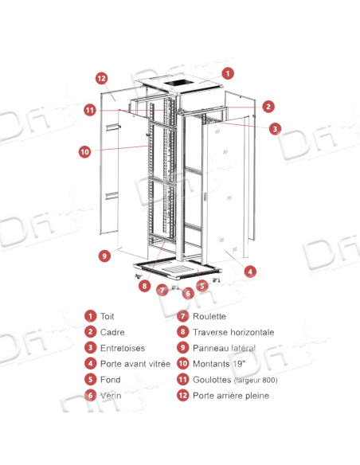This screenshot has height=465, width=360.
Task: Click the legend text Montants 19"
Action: point(211,363)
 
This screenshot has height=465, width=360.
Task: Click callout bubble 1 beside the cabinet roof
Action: point(228,72)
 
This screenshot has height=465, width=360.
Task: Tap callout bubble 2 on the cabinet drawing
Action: point(269,106)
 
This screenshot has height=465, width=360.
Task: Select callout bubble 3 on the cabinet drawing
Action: point(274,127)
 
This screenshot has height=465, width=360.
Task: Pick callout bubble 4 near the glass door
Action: point(250,271)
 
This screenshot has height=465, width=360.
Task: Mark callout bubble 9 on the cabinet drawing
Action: point(104,256)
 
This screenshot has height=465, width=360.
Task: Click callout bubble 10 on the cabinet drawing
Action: point(84,150)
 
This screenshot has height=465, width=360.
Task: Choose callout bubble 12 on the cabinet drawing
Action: point(101,78)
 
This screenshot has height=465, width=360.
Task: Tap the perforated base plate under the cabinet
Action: point(177,268)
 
